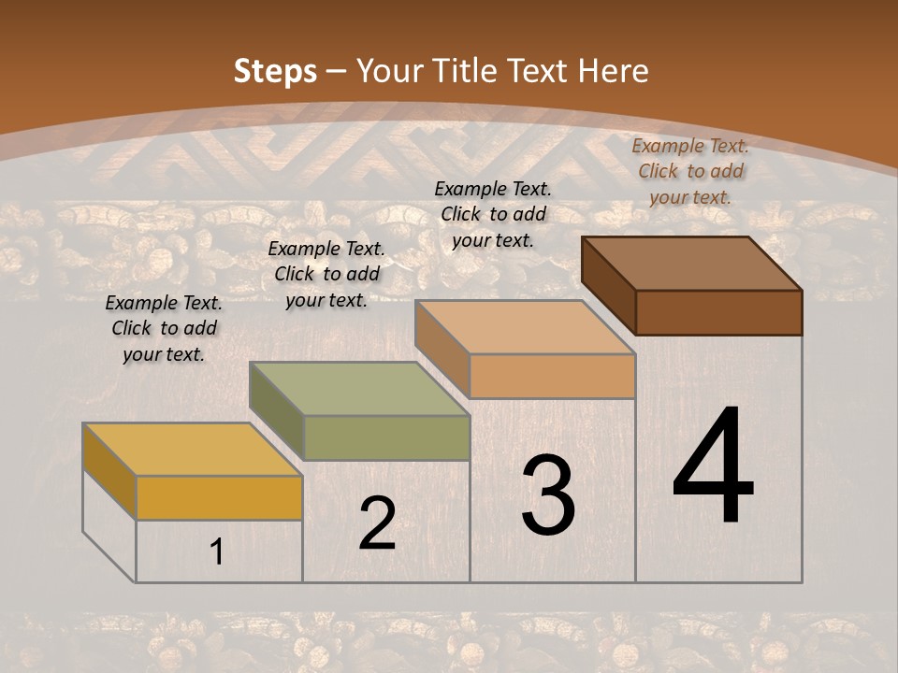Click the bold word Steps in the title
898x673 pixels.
point(275,71)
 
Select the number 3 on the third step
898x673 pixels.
point(548,495)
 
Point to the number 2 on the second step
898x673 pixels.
point(377,523)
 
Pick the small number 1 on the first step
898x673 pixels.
point(216,552)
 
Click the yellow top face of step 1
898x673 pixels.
point(192,450)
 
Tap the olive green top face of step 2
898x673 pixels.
point(359,389)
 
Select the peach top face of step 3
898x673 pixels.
point(525,327)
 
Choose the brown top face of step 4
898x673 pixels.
point(692,264)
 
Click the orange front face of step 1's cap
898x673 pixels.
point(219,497)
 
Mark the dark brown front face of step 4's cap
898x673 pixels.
point(718,312)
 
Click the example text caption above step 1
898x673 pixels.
point(164,328)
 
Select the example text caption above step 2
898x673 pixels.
point(326,274)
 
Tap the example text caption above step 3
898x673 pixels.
point(493,214)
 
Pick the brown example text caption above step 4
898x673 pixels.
point(690,171)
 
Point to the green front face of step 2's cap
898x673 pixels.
point(386,437)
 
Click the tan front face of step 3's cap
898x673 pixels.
point(552,376)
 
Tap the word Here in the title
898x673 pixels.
point(615,71)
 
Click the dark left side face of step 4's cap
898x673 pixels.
point(608,284)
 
